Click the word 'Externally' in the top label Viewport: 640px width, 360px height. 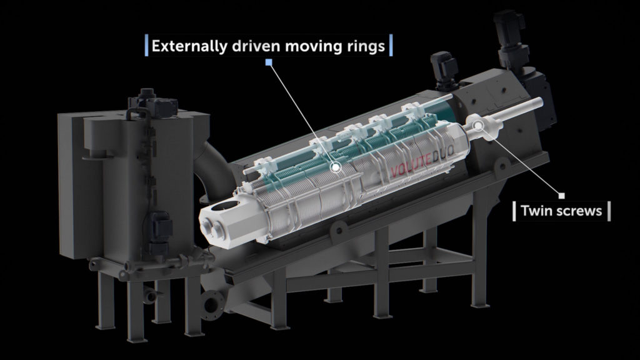189,46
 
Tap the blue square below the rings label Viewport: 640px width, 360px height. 269,62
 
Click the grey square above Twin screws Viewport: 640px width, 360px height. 562,196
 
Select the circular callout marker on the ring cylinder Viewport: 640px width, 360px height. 336,167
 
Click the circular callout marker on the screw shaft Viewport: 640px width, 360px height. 479,125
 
